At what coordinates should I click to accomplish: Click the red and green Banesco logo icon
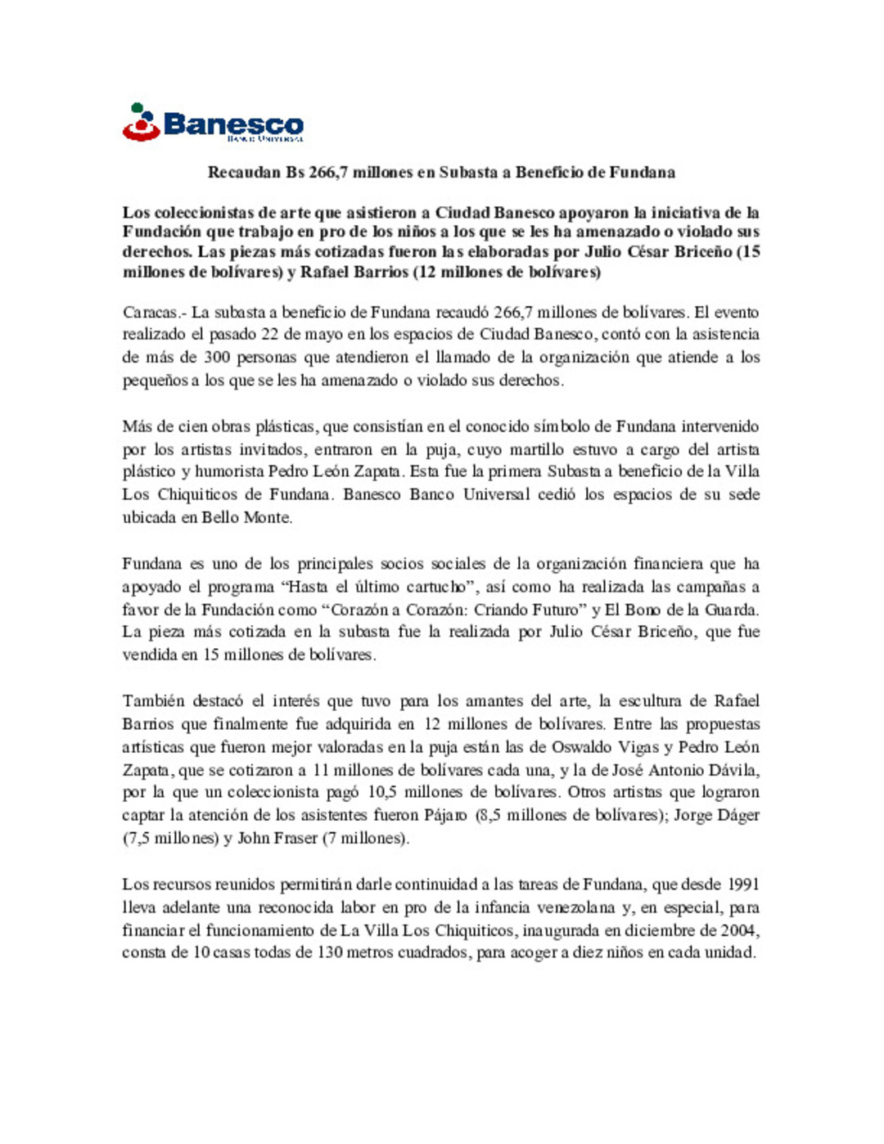coord(141,123)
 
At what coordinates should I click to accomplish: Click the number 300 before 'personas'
coord(217,358)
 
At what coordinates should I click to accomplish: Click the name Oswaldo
coord(580,747)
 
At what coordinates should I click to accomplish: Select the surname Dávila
coord(733,770)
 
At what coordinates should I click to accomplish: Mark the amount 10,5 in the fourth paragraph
coord(381,792)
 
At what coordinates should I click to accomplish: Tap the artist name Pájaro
coord(445,815)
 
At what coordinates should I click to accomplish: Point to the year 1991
coord(742,885)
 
